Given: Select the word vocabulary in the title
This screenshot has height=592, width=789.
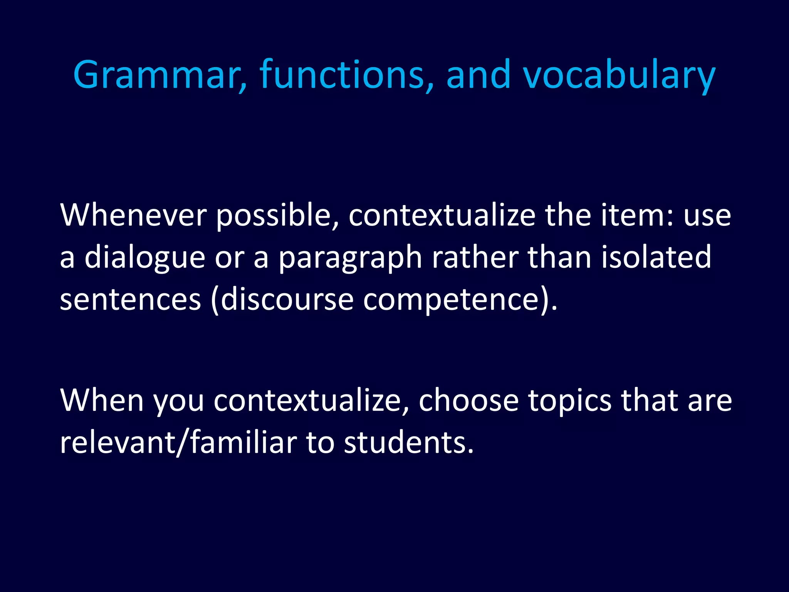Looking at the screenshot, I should (619, 75).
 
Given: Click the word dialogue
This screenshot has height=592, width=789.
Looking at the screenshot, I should (144, 257).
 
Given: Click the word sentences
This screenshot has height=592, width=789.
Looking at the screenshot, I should (131, 300).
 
